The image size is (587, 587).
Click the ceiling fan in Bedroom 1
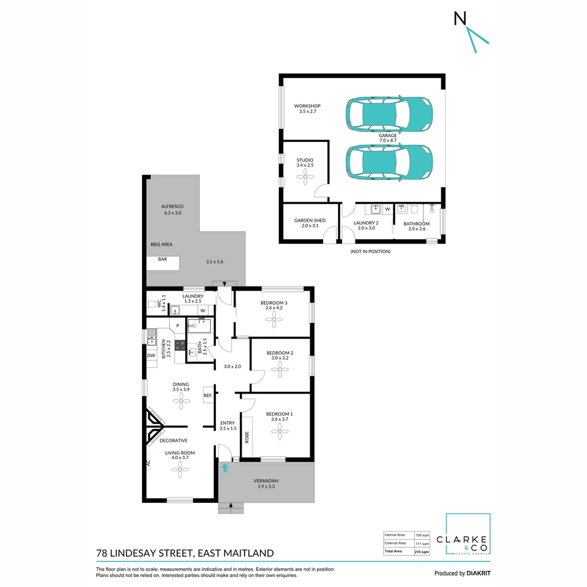coord(282,432)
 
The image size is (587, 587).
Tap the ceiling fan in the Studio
coord(305,174)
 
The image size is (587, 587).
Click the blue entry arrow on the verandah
coord(225,467)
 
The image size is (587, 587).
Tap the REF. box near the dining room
coord(208,396)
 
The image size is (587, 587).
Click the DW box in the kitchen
coord(151,355)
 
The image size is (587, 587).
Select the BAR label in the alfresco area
coord(163,260)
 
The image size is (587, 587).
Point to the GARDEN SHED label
coord(310,221)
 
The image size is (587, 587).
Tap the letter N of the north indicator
coord(460,18)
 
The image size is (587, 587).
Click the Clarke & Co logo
coord(468,535)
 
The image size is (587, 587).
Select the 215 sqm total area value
coord(422,552)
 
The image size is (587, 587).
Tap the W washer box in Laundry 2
coord(388,208)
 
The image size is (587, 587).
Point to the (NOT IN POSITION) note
coord(371,252)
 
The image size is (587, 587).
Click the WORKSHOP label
coord(308,106)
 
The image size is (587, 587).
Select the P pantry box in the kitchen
coord(178,326)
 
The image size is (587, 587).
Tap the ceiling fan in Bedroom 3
coord(274,320)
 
